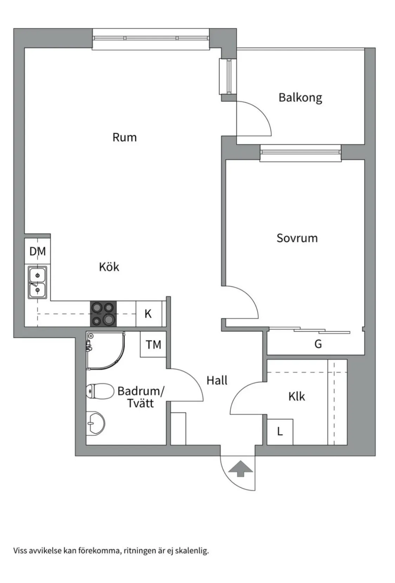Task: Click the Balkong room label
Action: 300,97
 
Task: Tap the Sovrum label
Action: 297,238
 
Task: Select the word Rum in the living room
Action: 124,137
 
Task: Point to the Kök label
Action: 109,267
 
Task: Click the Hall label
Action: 217,380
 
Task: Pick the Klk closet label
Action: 296,397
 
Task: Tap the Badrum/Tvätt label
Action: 140,397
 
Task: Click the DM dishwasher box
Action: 38,251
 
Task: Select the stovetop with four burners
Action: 104,314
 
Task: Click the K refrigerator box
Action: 149,314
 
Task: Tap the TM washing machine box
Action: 153,345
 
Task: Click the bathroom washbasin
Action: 95,423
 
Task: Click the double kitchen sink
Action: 37,283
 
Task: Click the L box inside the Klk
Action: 280,432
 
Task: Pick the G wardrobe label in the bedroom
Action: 318,344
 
